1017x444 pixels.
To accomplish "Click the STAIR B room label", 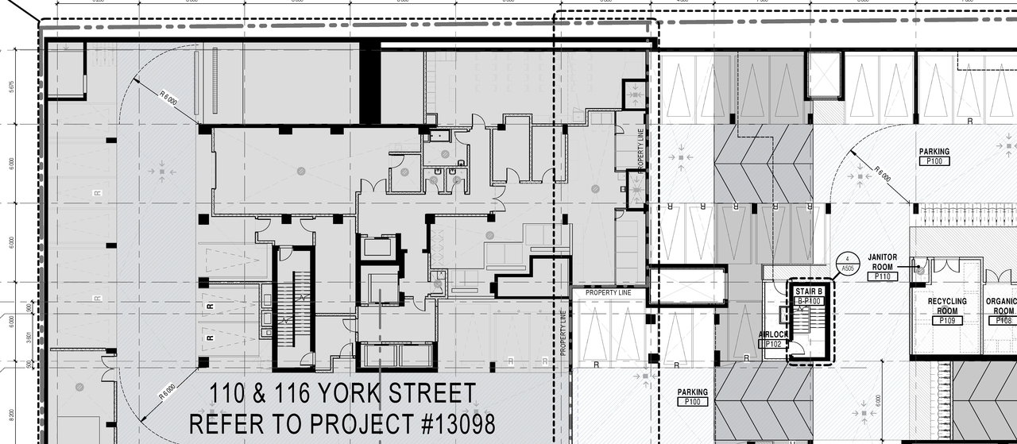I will pyautogui.click(x=809, y=291).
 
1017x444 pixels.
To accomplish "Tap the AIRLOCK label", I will pyautogui.click(x=772, y=335).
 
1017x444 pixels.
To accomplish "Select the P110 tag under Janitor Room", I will pyautogui.click(x=882, y=276).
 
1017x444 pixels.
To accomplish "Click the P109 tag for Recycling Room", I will pyautogui.click(x=947, y=321).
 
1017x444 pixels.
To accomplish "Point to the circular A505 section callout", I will pyautogui.click(x=847, y=263).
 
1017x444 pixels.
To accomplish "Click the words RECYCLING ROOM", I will pyautogui.click(x=947, y=307).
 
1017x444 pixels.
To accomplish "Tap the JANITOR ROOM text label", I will pyautogui.click(x=882, y=262).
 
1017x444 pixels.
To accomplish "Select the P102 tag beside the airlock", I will pyautogui.click(x=772, y=345).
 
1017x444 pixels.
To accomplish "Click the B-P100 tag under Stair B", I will pyautogui.click(x=808, y=302).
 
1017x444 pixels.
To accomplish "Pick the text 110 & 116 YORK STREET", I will pyautogui.click(x=342, y=393).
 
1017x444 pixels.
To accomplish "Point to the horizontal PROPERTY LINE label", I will pyautogui.click(x=608, y=293).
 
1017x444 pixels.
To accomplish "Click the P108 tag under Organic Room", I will pyautogui.click(x=1003, y=321).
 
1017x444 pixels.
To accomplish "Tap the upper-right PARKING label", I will pyautogui.click(x=934, y=151).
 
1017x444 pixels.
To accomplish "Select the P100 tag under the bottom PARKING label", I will pyautogui.click(x=693, y=403).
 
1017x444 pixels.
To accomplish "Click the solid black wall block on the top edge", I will pyautogui.click(x=370, y=84).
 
